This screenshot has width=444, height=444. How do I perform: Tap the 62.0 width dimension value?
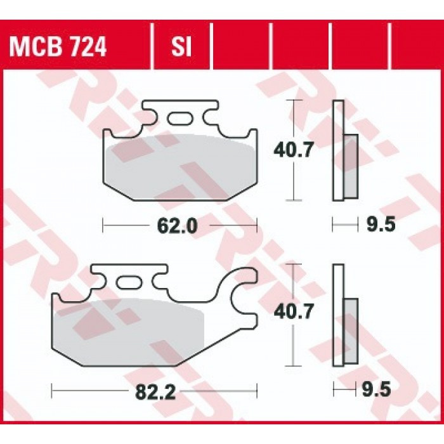180,225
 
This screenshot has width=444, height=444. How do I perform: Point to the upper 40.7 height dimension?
292,150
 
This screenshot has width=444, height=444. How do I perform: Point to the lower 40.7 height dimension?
292,312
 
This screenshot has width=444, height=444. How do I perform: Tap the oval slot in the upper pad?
181,118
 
